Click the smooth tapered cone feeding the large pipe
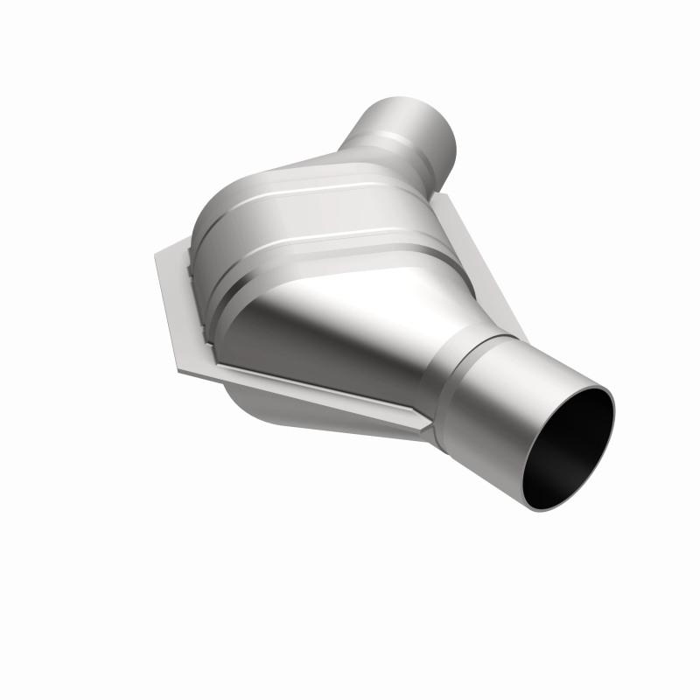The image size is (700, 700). tap(350, 332)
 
